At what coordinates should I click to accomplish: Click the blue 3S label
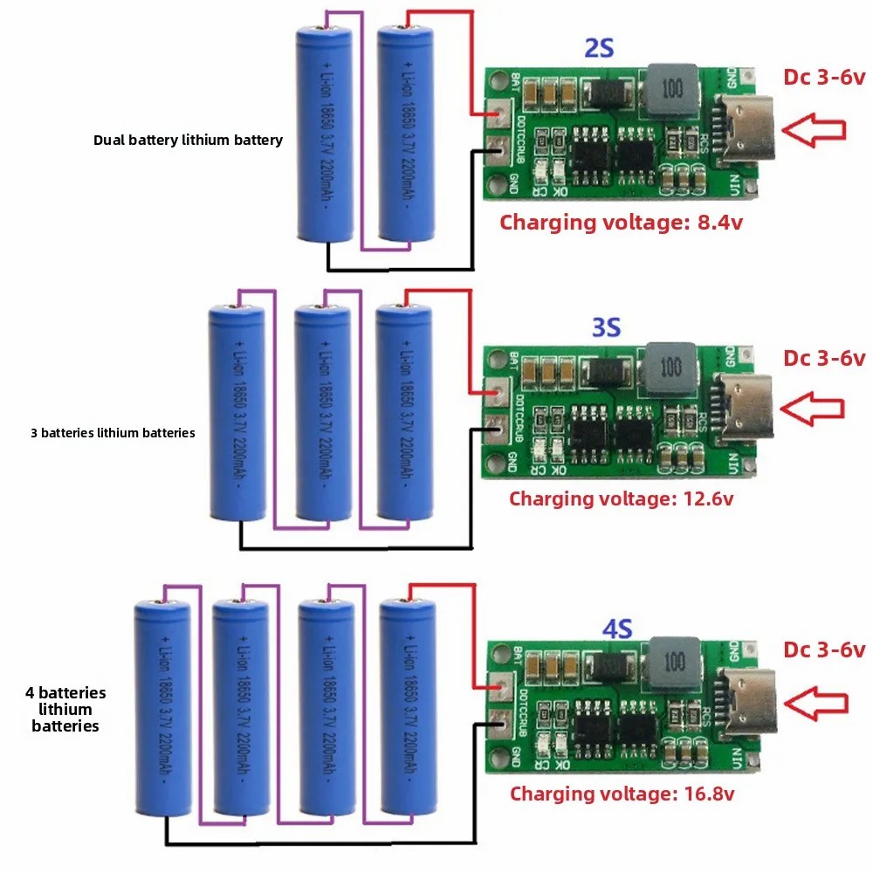coord(606,327)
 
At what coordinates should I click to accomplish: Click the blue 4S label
coord(617,627)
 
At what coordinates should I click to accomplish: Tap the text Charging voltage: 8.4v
coord(621,222)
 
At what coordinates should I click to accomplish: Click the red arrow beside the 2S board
coord(814,130)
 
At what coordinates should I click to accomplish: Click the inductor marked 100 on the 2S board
coord(672,89)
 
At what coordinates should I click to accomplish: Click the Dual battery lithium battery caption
coord(188,140)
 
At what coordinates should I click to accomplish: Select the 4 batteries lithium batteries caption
coord(65,709)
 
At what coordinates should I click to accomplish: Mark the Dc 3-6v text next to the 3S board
coord(824,358)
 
